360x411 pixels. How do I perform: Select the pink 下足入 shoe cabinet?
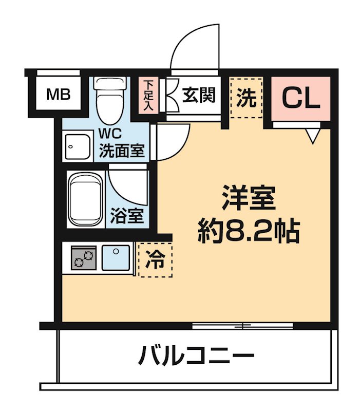click(148, 95)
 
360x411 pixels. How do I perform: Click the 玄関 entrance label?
click(198, 95)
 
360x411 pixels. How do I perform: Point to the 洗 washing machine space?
click(246, 98)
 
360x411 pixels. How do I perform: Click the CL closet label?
click(301, 98)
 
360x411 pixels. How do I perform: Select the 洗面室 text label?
click(122, 151)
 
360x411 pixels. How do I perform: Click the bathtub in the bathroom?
click(86, 200)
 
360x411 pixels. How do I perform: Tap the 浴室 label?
click(127, 216)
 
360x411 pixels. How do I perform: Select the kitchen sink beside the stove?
click(116, 257)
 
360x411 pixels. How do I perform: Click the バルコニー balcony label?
click(196, 356)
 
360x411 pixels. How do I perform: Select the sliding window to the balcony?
click(242, 325)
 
